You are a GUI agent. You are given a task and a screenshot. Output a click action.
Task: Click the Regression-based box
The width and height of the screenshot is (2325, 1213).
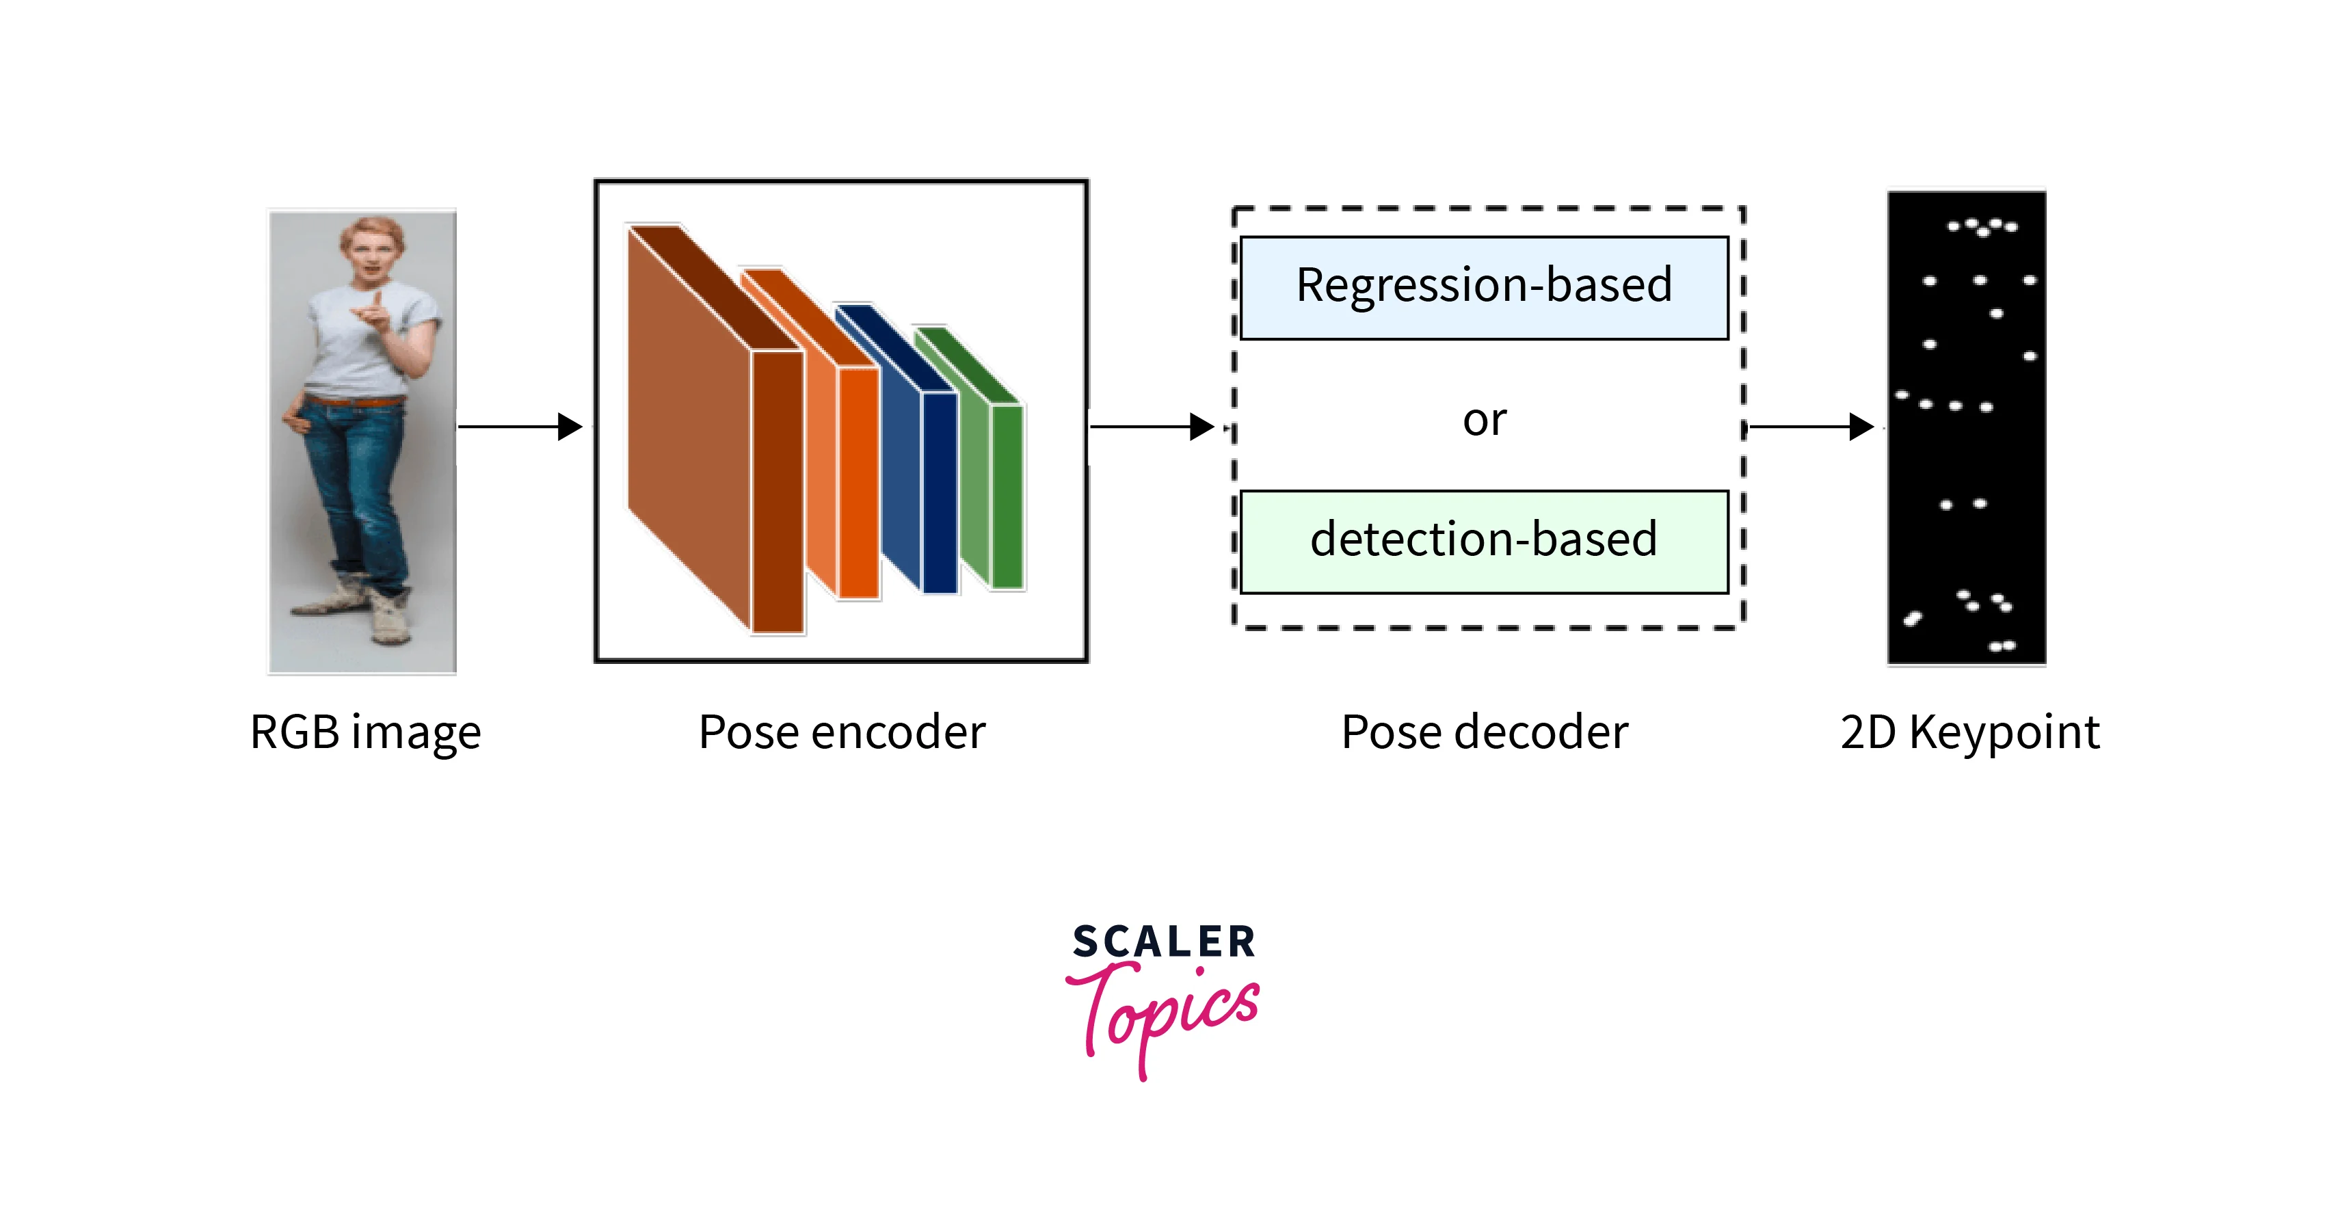pos(1484,288)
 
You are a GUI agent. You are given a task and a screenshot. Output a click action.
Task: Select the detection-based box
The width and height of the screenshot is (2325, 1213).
pos(1484,542)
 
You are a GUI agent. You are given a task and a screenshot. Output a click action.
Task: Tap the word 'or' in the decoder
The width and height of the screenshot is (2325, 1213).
pos(1484,421)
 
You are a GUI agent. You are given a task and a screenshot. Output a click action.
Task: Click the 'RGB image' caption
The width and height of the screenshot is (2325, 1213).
pos(366,732)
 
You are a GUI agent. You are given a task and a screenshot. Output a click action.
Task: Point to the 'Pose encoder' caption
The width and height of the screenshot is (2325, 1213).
pos(841,732)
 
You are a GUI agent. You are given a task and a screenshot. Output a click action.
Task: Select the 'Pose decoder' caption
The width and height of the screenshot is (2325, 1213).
pos(1484,732)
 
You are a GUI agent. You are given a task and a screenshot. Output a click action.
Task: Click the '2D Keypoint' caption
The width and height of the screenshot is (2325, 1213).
pos(1969,732)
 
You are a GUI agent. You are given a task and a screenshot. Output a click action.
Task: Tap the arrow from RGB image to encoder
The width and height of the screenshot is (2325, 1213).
pos(519,426)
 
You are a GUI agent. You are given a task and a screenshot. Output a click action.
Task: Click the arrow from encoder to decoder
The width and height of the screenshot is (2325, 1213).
pos(1151,426)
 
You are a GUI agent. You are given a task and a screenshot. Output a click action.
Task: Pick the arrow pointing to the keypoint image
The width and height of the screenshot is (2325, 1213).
pos(1809,426)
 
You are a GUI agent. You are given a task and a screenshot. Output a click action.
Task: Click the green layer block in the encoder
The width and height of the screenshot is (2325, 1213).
pos(1007,496)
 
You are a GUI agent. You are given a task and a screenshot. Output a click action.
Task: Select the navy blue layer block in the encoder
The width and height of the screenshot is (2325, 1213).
pos(939,492)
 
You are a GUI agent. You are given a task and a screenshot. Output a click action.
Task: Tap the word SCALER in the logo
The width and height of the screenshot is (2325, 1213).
pos(1162,942)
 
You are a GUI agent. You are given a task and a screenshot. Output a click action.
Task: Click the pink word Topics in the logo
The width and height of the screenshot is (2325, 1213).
pos(1169,1015)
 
